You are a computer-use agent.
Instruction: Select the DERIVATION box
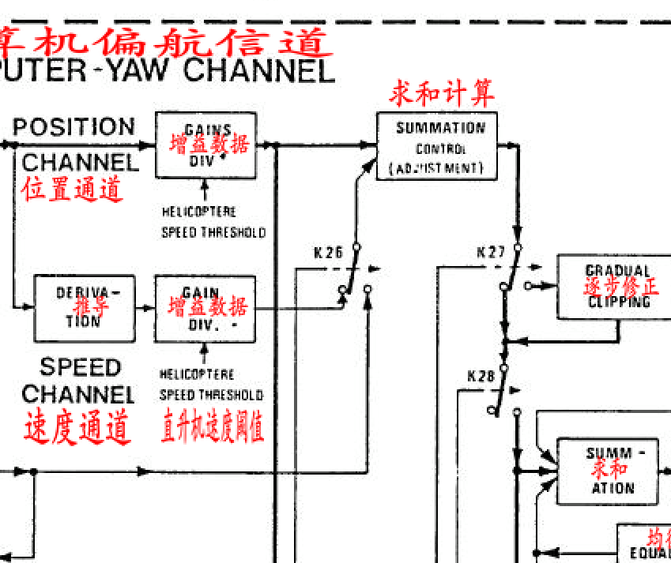tap(84, 307)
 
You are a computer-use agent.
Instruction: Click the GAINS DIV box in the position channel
tap(206, 145)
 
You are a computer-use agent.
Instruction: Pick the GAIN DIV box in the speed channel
tap(205, 308)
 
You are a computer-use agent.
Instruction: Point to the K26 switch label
tap(328, 253)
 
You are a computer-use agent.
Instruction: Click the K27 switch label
tap(491, 253)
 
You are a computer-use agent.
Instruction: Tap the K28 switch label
tap(481, 376)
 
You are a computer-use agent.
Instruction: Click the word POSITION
tap(74, 128)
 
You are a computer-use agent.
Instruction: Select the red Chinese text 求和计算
tap(442, 94)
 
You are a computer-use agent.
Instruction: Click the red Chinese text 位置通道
tap(73, 190)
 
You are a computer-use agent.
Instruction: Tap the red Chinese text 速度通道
tap(77, 427)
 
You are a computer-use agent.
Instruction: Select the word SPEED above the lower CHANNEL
tap(80, 368)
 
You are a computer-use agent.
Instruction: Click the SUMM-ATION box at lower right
tap(608, 471)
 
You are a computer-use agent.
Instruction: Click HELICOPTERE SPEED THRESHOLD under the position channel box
tap(212, 222)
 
